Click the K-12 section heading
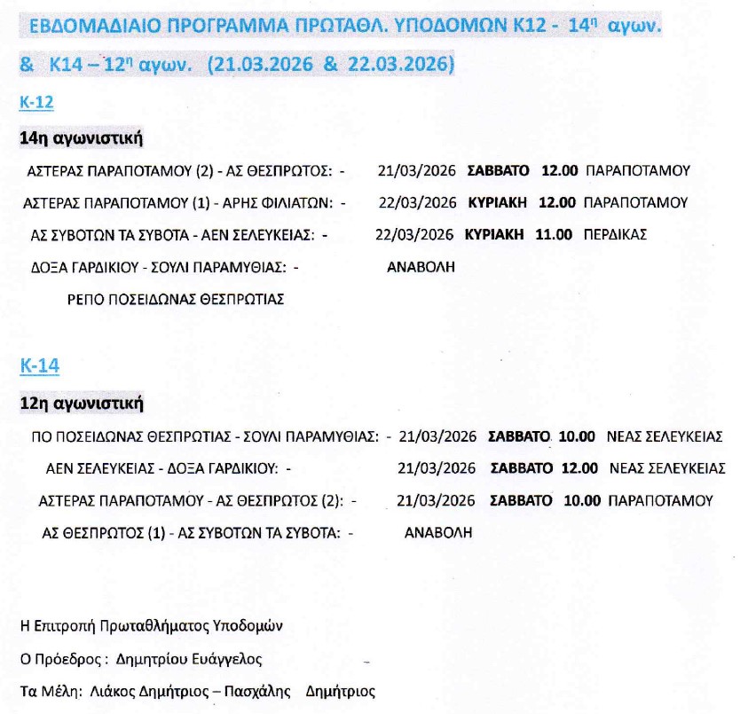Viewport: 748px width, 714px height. coord(36,103)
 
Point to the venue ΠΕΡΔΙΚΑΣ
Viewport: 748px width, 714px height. coord(616,235)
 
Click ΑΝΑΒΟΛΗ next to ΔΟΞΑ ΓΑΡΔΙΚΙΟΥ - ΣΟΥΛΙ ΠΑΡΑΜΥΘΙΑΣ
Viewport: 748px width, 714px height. coord(422,267)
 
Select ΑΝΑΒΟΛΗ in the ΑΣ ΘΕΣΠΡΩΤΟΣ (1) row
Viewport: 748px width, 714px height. coord(438,533)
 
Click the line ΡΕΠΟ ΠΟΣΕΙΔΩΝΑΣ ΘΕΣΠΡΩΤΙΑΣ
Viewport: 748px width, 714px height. coord(176,299)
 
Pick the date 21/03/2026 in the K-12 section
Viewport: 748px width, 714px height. coord(416,170)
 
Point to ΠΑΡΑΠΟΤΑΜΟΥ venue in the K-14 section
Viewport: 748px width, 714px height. coord(661,501)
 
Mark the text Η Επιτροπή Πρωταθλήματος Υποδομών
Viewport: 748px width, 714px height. coord(151,625)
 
